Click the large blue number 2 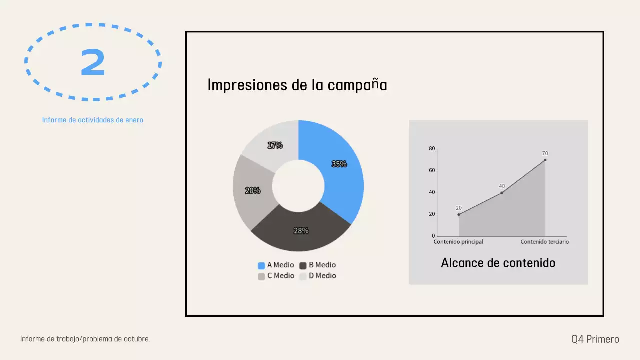pyautogui.click(x=93, y=63)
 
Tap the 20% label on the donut pyautogui.click(x=253, y=190)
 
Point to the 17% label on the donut pyautogui.click(x=275, y=145)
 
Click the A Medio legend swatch pyautogui.click(x=261, y=265)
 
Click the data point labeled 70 pyautogui.click(x=545, y=160)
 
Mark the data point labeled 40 pyautogui.click(x=502, y=192)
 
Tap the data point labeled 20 pyautogui.click(x=459, y=214)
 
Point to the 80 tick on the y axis pyautogui.click(x=432, y=148)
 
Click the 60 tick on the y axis pyautogui.click(x=432, y=170)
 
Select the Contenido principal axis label pyautogui.click(x=458, y=242)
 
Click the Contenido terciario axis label pyautogui.click(x=544, y=242)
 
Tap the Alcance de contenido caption pyautogui.click(x=498, y=263)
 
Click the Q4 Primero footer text pyautogui.click(x=595, y=339)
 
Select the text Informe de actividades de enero pyautogui.click(x=93, y=120)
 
